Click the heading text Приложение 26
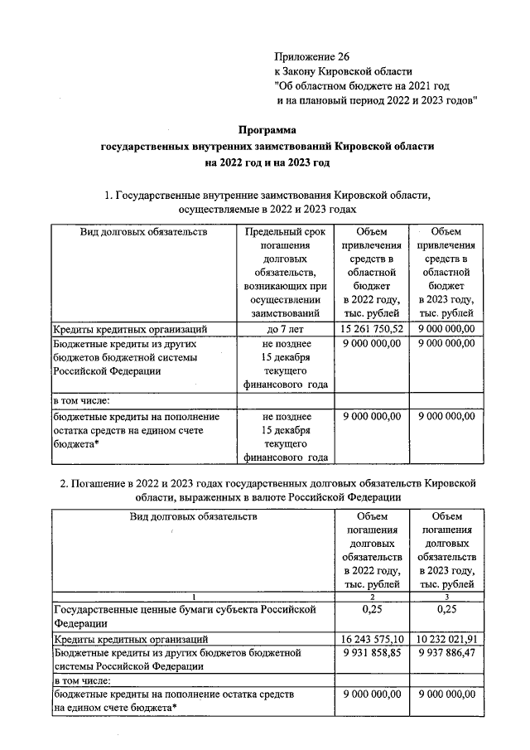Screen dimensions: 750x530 coord(312,56)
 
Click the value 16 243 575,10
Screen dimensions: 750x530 coord(372,639)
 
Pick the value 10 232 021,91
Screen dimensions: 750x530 coord(447,639)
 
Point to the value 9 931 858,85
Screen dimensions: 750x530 coord(372,653)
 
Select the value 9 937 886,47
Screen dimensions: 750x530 coord(447,653)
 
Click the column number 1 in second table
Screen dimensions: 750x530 coord(193,597)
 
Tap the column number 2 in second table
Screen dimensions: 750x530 coord(372,597)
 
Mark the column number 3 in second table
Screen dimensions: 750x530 coord(447,597)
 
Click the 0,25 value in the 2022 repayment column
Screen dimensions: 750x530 coord(372,610)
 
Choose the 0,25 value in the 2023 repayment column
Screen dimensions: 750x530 coord(447,610)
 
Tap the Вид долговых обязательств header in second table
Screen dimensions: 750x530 coord(193,515)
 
